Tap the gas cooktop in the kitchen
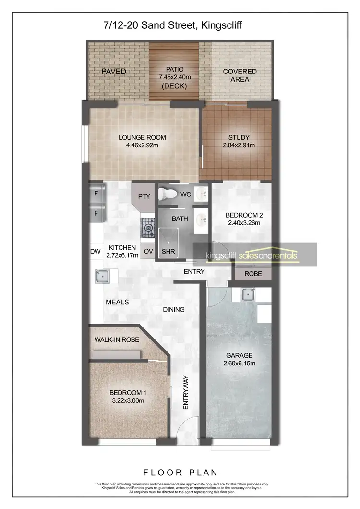tap(147, 227)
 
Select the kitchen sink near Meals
tap(103, 276)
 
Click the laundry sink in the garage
tap(248, 294)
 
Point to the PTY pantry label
tap(144, 196)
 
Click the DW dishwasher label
tap(96, 251)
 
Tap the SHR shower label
tap(168, 252)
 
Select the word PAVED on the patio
tap(113, 72)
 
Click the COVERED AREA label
tap(240, 75)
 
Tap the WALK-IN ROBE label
tap(117, 339)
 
